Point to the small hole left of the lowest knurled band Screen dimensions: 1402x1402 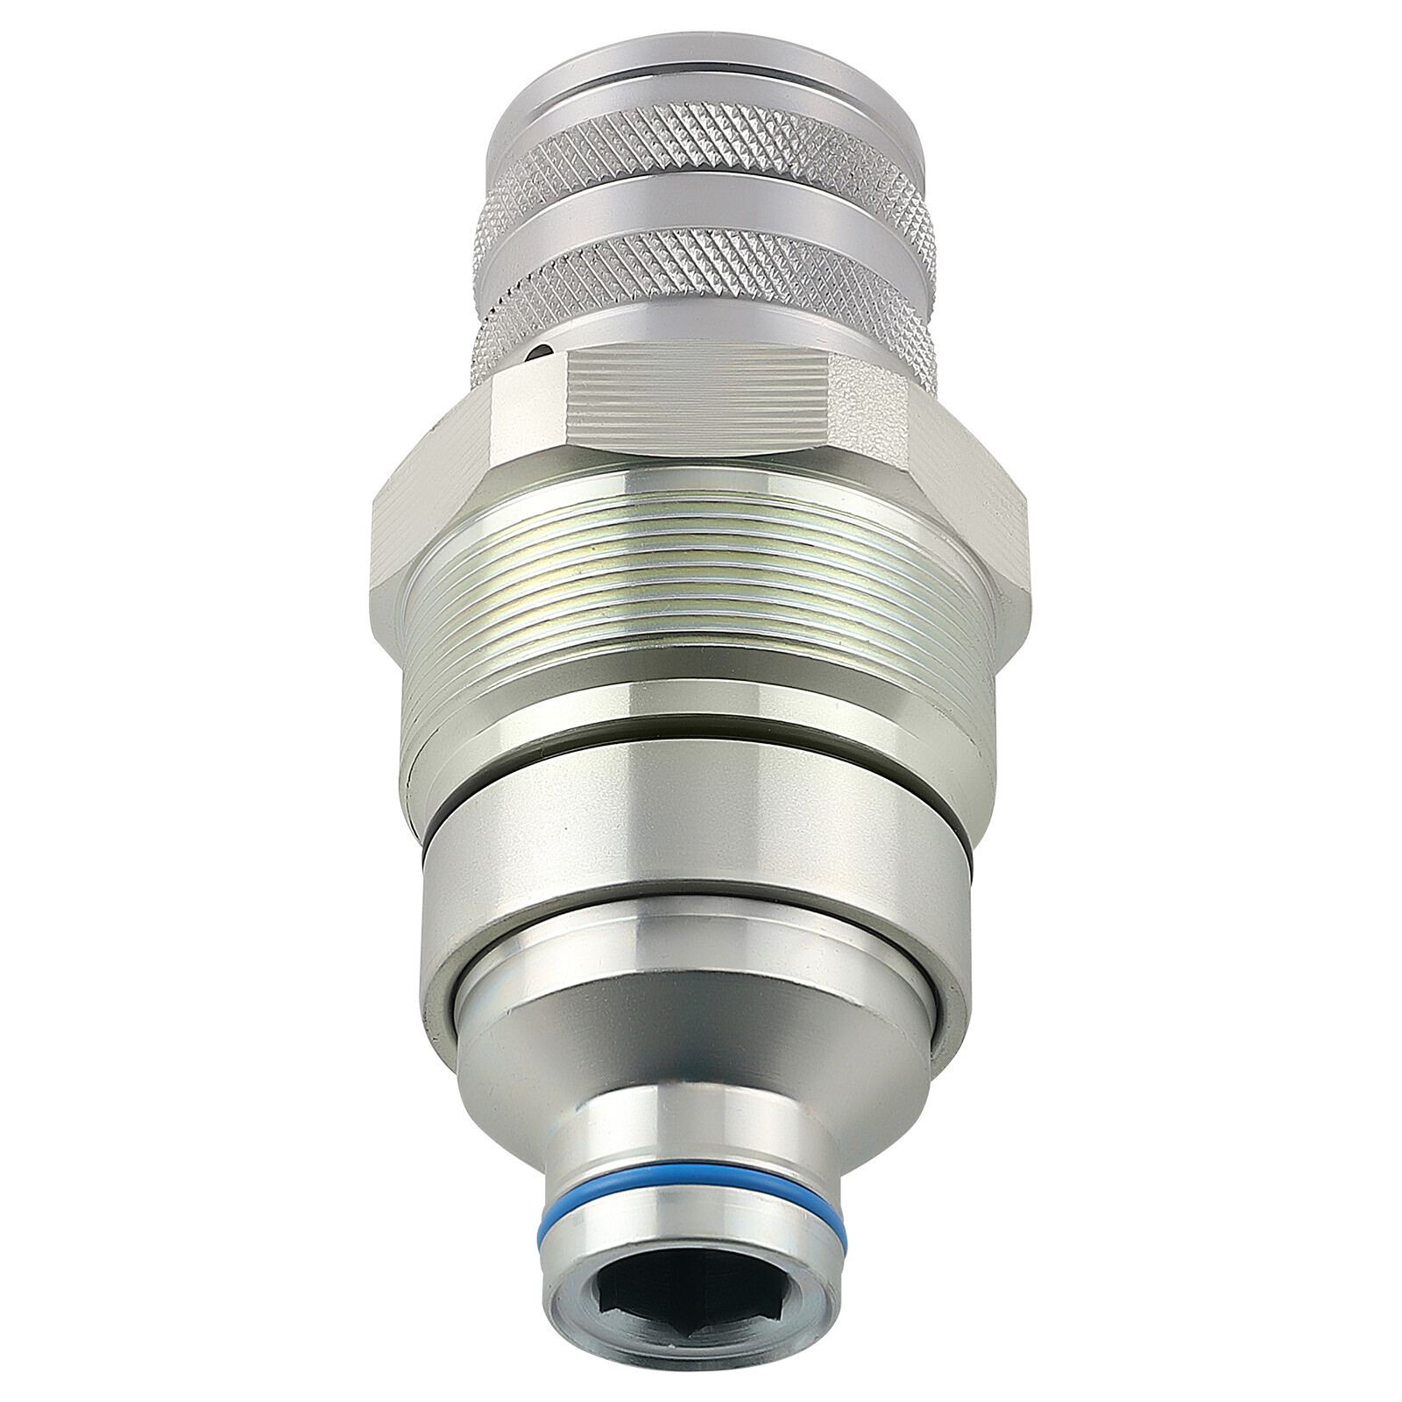coord(541,353)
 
